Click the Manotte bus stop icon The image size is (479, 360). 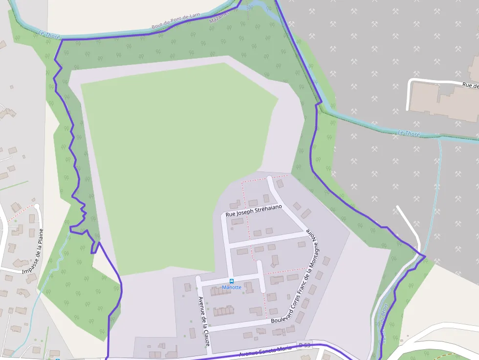(x=232, y=281)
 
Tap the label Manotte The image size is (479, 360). (x=232, y=287)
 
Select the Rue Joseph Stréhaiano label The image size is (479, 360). (x=254, y=211)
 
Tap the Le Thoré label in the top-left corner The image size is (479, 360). (x=49, y=34)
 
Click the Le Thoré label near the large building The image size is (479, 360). (x=409, y=133)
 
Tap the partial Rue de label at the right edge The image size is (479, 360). (x=470, y=85)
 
